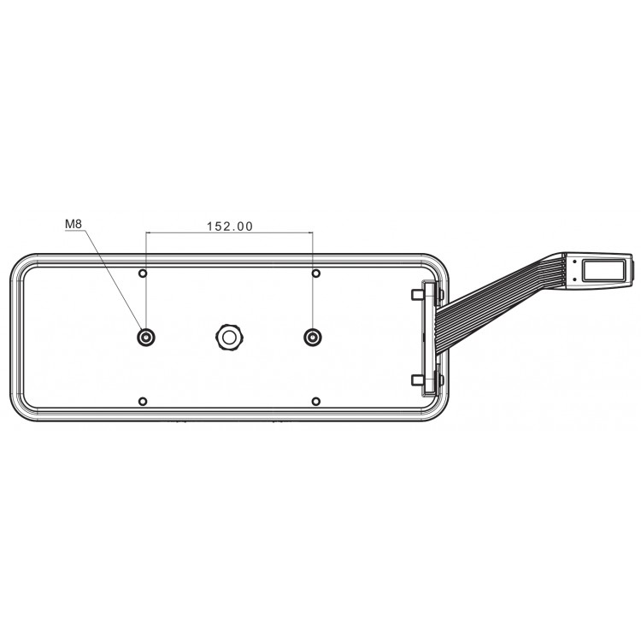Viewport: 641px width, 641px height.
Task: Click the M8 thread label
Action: click(74, 224)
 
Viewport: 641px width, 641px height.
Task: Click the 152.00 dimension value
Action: click(230, 226)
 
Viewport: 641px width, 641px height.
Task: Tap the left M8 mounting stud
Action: click(146, 338)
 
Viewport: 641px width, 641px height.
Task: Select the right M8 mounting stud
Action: click(313, 338)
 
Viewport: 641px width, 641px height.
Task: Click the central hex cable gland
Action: click(229, 338)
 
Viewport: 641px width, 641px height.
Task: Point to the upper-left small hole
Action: click(143, 273)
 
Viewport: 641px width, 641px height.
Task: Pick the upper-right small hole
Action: click(316, 273)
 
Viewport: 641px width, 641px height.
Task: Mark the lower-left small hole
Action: click(143, 402)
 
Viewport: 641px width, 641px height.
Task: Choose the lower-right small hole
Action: click(316, 402)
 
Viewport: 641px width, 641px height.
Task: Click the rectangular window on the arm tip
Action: click(603, 271)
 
